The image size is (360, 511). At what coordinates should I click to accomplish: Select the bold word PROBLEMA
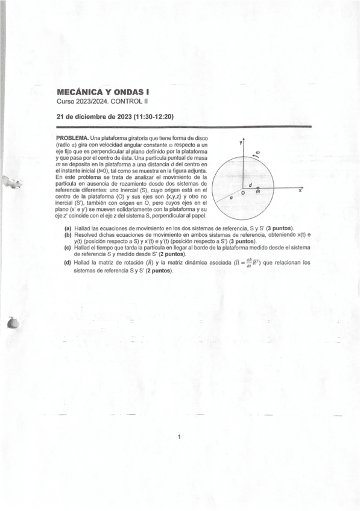point(72,139)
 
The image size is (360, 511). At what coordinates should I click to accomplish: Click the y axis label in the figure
point(240,142)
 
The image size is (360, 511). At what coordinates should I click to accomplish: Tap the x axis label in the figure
point(300,190)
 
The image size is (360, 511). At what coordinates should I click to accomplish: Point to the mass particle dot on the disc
point(258,189)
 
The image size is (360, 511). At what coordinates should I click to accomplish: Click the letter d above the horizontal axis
point(250,184)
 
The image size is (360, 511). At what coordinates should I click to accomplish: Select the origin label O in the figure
point(243,193)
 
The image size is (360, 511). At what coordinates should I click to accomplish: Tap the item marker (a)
point(68,229)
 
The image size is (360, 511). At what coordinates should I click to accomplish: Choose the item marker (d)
point(68,263)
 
